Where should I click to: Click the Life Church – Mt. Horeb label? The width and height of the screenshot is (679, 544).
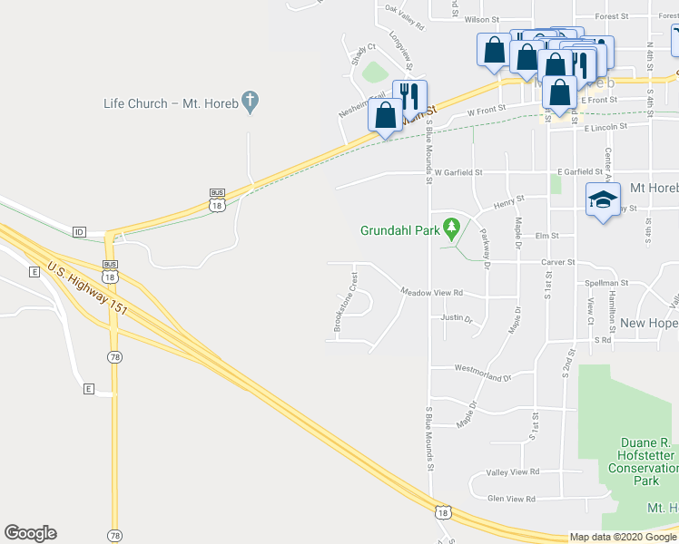(171, 103)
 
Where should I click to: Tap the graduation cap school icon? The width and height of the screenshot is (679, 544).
(600, 200)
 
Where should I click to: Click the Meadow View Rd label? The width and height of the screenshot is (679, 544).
(432, 292)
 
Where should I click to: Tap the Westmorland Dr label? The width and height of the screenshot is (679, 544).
(483, 372)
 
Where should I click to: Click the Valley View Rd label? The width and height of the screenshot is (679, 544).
(513, 471)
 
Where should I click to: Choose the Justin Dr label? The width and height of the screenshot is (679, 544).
(457, 318)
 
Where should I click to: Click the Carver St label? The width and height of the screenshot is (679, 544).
(558, 262)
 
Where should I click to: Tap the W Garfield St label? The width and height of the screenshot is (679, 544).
(458, 171)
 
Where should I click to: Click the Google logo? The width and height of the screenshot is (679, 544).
(30, 533)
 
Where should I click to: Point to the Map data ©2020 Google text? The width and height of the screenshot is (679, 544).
(622, 537)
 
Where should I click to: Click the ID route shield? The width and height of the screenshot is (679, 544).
(79, 232)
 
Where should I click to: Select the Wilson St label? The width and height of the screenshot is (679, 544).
(482, 19)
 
